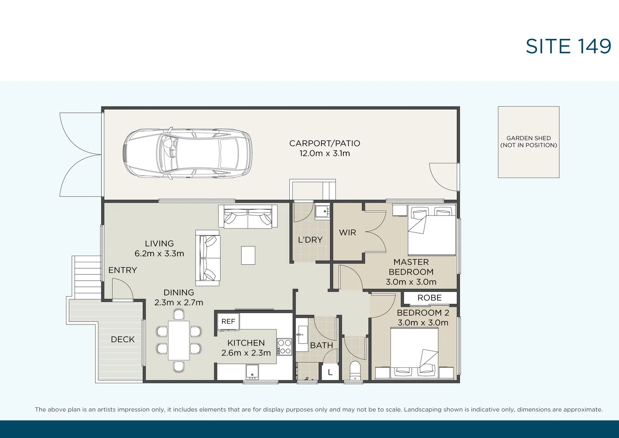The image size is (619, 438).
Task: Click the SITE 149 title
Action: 568,46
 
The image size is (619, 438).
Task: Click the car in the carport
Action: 187,153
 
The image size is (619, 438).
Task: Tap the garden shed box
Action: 528,142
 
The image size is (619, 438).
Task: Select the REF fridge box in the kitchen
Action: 228,322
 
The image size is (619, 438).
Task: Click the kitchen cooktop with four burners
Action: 284,347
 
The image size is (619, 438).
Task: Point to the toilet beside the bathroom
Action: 355,370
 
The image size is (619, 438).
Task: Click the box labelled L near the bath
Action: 330,372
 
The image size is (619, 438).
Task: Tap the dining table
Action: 179,340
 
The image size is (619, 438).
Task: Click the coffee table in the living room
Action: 248,255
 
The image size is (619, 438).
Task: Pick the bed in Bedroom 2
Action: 414,352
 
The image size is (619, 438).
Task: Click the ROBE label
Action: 429,298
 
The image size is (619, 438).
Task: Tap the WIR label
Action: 347,232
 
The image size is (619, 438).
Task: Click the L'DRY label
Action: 310,240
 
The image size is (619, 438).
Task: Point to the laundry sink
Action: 322,212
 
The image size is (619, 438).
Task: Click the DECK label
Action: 123,339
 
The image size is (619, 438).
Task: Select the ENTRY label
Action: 123,270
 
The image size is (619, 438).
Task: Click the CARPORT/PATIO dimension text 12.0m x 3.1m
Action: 324,154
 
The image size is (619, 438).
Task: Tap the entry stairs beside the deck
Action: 87,275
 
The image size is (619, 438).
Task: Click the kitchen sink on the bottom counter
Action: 252,372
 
